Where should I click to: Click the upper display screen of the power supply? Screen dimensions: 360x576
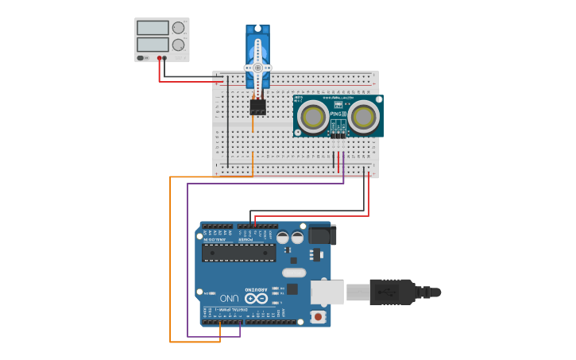click(153, 28)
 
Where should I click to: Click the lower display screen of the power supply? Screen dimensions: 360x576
click(153, 45)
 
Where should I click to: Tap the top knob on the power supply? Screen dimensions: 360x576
click(179, 28)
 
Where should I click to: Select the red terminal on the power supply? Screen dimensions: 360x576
click(160, 58)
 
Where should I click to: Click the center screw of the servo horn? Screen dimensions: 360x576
click(257, 68)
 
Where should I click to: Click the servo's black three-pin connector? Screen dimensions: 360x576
click(257, 106)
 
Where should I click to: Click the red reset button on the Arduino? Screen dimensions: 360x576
click(319, 316)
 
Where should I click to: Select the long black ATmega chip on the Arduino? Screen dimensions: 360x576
click(238, 253)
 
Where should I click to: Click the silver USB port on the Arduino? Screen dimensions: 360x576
click(326, 292)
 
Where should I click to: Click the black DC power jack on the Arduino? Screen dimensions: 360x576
click(322, 234)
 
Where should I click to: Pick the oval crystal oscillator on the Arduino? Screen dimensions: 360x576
click(293, 273)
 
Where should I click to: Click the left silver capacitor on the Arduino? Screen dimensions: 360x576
click(283, 237)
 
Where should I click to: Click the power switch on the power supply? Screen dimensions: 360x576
click(141, 58)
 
